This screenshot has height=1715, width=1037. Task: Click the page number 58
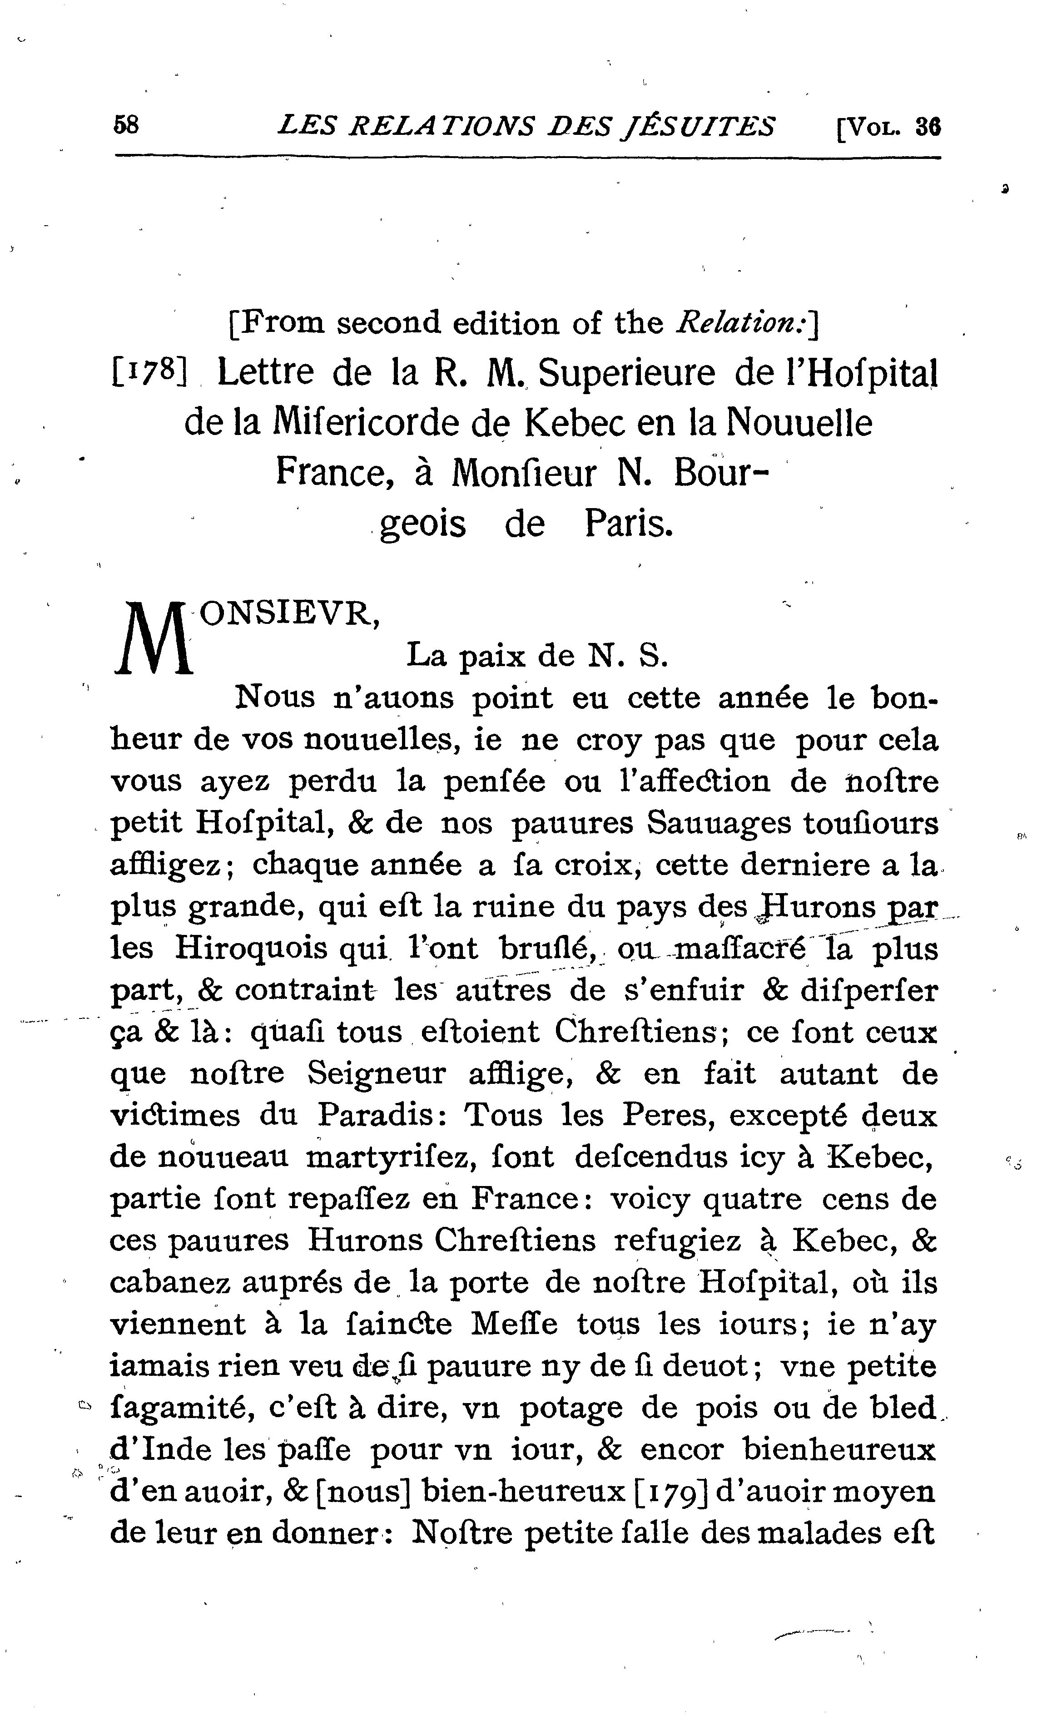[x=126, y=125]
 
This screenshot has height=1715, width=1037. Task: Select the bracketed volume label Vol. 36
[x=888, y=127]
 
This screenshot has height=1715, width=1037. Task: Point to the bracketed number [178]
[x=149, y=374]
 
